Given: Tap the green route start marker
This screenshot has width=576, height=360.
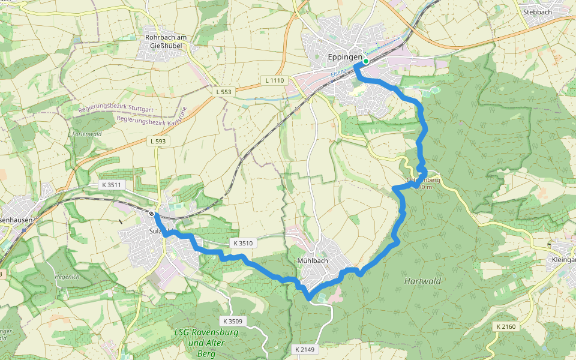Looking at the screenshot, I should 366,61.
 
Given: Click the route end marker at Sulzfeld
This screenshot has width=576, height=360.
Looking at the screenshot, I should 152,214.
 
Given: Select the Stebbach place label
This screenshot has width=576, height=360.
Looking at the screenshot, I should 537,11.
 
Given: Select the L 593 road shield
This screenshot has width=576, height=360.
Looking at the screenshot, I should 158,140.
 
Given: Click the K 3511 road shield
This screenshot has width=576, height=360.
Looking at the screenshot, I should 112,185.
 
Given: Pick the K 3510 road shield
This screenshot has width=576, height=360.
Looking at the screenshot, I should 242,243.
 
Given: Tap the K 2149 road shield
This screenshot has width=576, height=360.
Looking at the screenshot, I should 305,349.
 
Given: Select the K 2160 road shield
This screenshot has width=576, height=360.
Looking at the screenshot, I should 506,326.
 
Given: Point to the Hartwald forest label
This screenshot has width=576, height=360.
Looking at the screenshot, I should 422,281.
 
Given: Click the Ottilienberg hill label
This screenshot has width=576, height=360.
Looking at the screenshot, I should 424,180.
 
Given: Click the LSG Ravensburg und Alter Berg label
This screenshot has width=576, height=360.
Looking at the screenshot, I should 206,341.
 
